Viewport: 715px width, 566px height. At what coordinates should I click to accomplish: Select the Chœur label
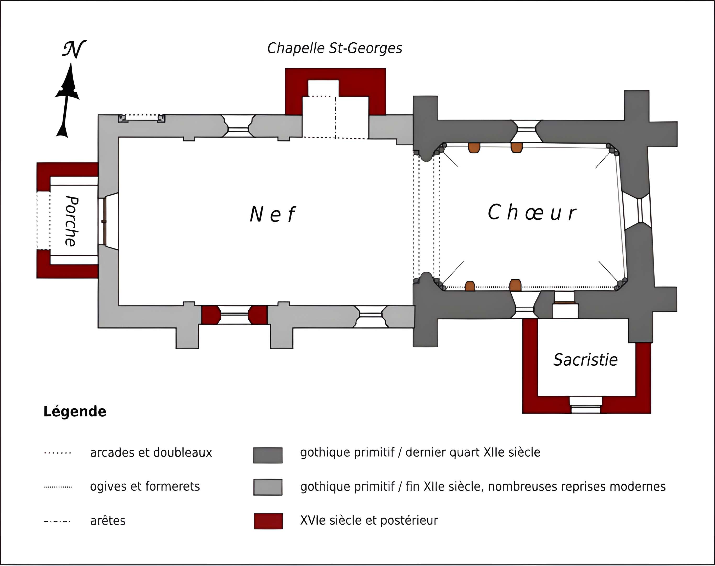tap(532, 212)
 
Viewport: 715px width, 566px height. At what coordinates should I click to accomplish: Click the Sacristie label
tap(585, 360)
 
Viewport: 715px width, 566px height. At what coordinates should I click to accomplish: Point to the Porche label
tap(71, 221)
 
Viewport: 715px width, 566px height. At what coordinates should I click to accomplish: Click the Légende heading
tap(75, 411)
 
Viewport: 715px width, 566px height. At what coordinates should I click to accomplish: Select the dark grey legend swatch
tap(268, 455)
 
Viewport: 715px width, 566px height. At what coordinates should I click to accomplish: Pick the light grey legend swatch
tap(268, 487)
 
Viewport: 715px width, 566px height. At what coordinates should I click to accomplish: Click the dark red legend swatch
tap(268, 521)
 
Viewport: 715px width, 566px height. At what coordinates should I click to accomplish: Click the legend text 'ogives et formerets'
tap(145, 486)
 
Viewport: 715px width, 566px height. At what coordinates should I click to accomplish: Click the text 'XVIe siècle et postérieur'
tap(369, 520)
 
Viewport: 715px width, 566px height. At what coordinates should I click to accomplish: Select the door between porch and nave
tap(104, 221)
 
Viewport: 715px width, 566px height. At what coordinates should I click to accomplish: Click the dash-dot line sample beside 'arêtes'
tap(57, 522)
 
